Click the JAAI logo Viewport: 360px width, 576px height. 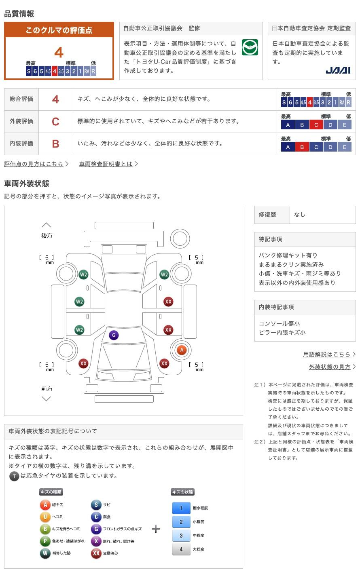338,70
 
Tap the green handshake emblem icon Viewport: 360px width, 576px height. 250,47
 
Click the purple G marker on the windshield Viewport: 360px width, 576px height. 114,335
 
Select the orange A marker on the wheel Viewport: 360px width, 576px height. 182,350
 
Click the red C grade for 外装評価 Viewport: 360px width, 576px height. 55,122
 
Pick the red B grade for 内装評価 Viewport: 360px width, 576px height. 55,144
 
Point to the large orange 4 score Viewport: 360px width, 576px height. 59,53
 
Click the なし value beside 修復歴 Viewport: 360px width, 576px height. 300,215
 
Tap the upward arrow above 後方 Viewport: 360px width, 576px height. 47,225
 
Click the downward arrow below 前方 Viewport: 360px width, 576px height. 47,399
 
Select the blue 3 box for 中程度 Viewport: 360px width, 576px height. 181,535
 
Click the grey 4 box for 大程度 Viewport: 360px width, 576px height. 181,549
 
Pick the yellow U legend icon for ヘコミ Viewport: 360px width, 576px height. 45,517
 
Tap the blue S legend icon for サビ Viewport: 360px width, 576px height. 96,504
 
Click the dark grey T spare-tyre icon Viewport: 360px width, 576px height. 14,476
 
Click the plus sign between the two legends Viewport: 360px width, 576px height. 156,529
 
